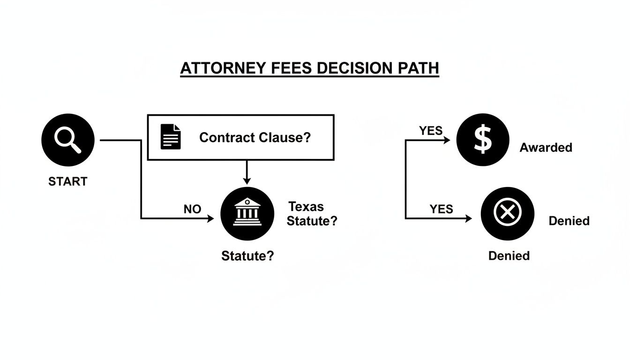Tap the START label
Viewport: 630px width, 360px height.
[67, 182]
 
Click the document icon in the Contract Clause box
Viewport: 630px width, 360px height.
[171, 137]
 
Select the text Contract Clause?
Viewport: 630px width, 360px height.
[255, 137]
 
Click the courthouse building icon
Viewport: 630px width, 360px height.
[247, 213]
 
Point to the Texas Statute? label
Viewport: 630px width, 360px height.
[311, 214]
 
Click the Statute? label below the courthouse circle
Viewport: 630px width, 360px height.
[247, 256]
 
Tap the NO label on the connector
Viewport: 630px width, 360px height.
[192, 210]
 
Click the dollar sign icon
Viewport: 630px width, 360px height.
[483, 140]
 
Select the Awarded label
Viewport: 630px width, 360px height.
[546, 148]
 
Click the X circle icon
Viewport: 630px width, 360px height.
[507, 213]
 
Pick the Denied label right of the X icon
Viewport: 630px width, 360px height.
[569, 221]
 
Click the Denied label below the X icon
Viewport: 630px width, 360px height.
[509, 256]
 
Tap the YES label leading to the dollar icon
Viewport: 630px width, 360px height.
[431, 131]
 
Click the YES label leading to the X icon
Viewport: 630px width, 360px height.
[441, 210]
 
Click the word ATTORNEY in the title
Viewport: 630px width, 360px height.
[220, 68]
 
